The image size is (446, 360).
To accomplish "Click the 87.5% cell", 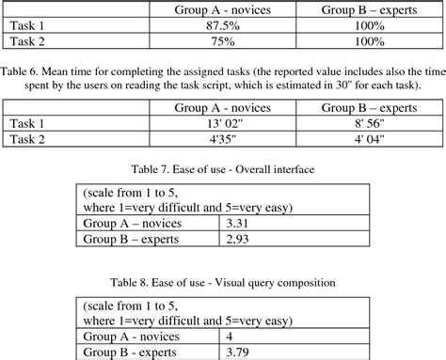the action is pyautogui.click(x=218, y=26).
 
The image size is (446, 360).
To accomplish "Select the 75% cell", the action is pyautogui.click(x=218, y=42).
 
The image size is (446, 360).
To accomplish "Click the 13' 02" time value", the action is pyautogui.click(x=218, y=123).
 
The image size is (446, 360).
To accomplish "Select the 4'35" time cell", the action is pyautogui.click(x=218, y=139).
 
